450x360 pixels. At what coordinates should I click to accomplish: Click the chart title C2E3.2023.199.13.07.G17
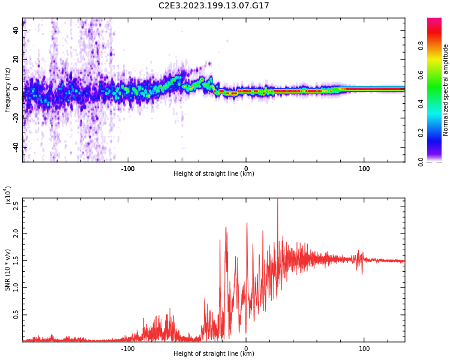click(214, 5)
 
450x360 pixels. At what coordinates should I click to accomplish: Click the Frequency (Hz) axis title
click(8, 90)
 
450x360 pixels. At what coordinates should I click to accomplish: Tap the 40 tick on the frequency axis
click(16, 30)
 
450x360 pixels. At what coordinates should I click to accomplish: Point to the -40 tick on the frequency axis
click(15, 147)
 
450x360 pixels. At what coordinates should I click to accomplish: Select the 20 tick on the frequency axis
click(16, 59)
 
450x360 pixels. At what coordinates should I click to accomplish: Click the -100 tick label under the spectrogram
click(127, 168)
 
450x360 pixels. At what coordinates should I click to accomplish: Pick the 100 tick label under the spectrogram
click(364, 168)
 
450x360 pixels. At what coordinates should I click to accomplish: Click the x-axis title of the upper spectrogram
click(214, 174)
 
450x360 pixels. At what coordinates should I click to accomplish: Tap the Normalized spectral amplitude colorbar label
click(446, 90)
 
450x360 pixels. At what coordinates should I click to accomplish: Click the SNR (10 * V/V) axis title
click(8, 270)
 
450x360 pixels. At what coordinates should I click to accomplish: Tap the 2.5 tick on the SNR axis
click(16, 206)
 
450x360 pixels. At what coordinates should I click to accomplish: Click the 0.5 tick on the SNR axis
click(16, 314)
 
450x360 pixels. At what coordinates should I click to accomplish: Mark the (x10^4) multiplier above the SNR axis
click(8, 196)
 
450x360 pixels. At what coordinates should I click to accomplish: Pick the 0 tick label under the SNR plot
click(246, 348)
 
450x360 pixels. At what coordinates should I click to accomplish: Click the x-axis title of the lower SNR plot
click(214, 354)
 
